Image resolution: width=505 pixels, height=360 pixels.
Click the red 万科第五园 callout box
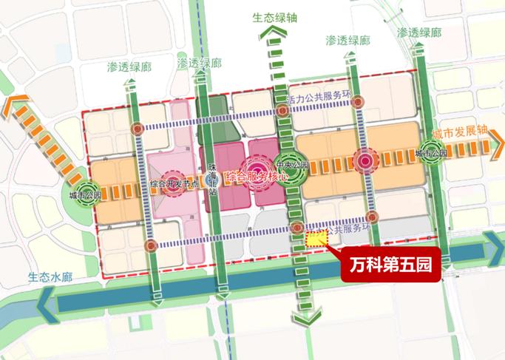pos(390,262)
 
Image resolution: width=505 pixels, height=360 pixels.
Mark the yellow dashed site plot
pos(316,238)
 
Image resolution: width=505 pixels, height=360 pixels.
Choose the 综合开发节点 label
pos(174,183)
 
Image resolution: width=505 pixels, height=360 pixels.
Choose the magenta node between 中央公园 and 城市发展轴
pos(365,158)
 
